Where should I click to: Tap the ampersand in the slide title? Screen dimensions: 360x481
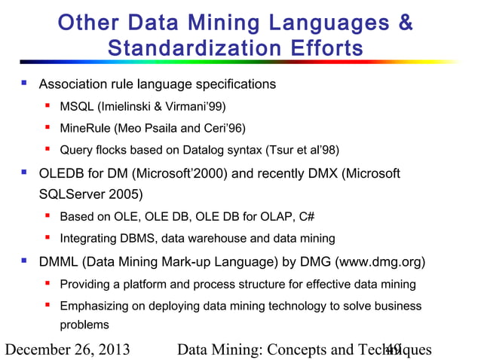click(405, 23)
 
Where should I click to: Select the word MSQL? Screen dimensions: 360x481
click(77, 105)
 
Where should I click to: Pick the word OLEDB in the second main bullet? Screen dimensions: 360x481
click(63, 175)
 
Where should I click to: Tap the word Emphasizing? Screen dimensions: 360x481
click(93, 307)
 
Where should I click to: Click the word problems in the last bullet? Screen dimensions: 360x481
click(84, 325)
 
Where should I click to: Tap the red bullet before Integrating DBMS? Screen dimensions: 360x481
click(47, 239)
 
